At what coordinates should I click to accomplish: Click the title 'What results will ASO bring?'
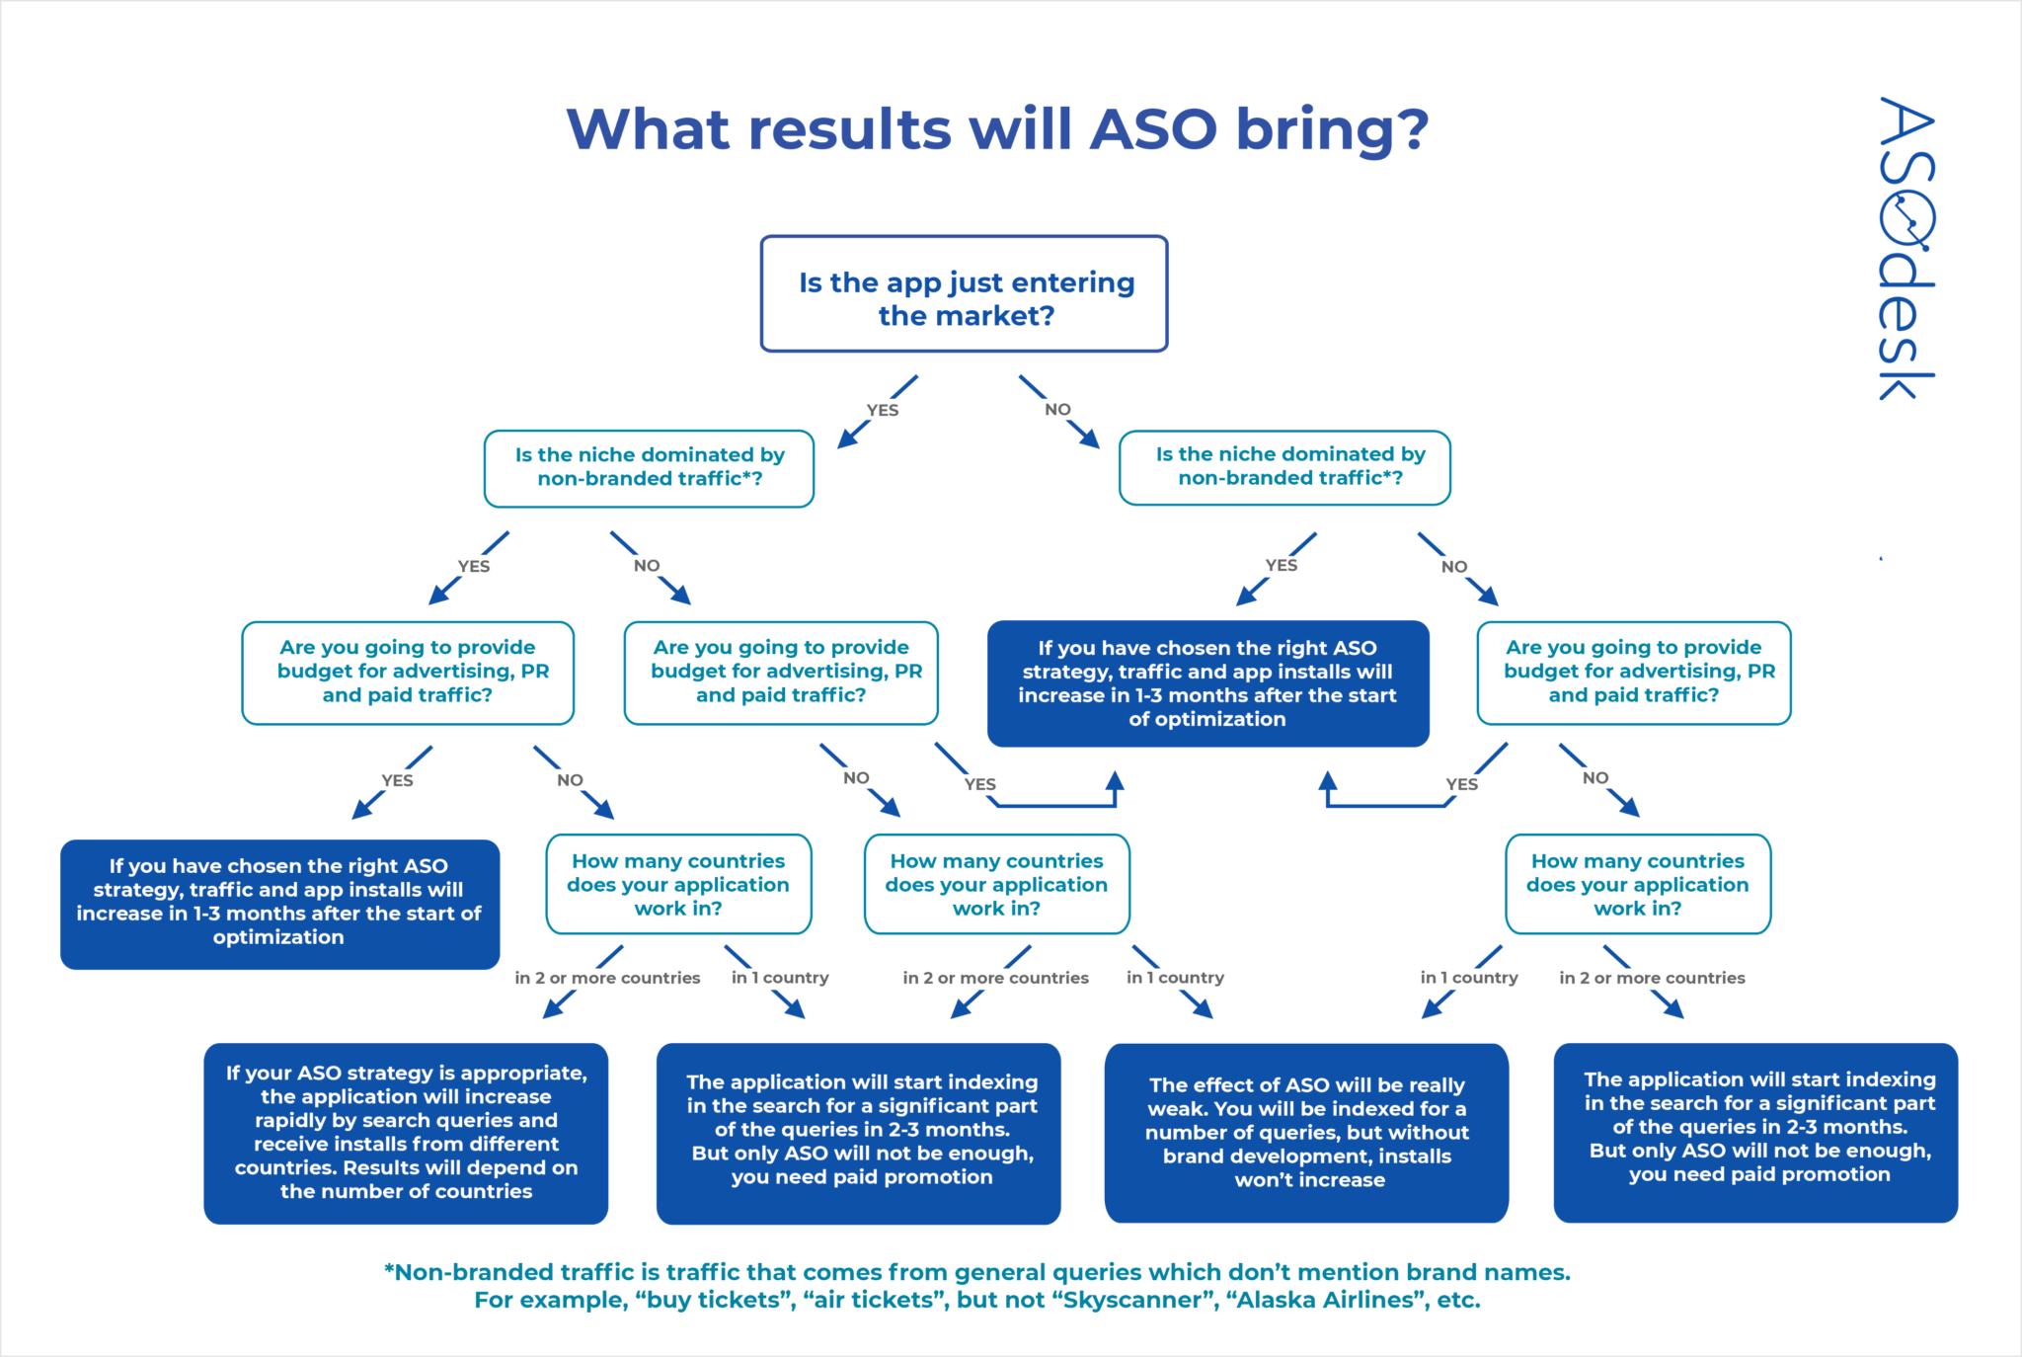pyautogui.click(x=997, y=129)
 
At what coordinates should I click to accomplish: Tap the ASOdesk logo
pyautogui.click(x=1905, y=248)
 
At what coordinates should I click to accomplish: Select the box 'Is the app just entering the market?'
pyautogui.click(x=965, y=294)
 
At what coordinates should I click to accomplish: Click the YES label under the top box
pyautogui.click(x=882, y=410)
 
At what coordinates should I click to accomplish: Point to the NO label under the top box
pyautogui.click(x=1057, y=409)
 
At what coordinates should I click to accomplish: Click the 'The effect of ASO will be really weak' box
pyautogui.click(x=1306, y=1133)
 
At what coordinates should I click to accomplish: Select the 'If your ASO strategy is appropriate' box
pyautogui.click(x=406, y=1133)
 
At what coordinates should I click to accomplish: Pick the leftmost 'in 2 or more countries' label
pyautogui.click(x=607, y=978)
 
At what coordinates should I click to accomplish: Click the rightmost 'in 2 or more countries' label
pyautogui.click(x=1652, y=978)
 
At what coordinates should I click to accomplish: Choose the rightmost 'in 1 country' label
pyautogui.click(x=1469, y=978)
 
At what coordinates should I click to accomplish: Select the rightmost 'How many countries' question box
pyautogui.click(x=1638, y=884)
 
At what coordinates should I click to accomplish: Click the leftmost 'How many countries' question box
pyautogui.click(x=678, y=884)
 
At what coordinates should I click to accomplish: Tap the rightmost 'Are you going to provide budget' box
pyautogui.click(x=1634, y=673)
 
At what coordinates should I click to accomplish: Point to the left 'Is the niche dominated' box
pyautogui.click(x=649, y=467)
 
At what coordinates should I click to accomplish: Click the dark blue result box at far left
pyautogui.click(x=279, y=903)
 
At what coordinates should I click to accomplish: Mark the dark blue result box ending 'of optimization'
pyautogui.click(x=1207, y=683)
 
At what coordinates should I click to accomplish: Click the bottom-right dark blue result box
pyautogui.click(x=1755, y=1132)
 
